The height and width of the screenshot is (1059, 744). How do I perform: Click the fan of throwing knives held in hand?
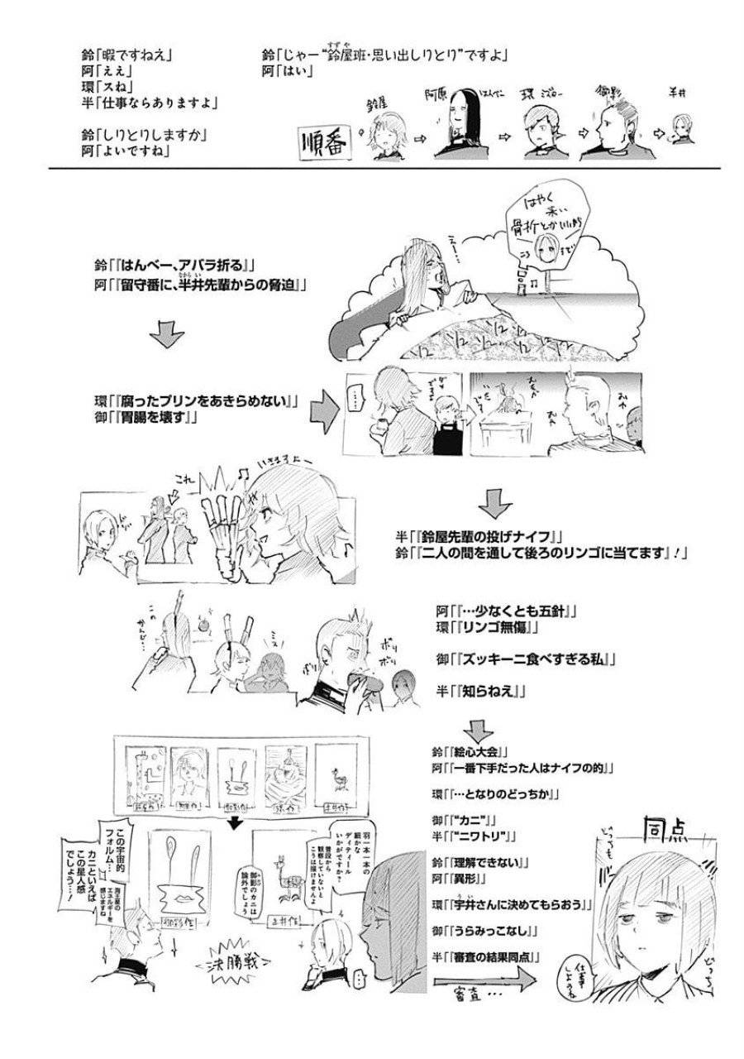click(x=224, y=529)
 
